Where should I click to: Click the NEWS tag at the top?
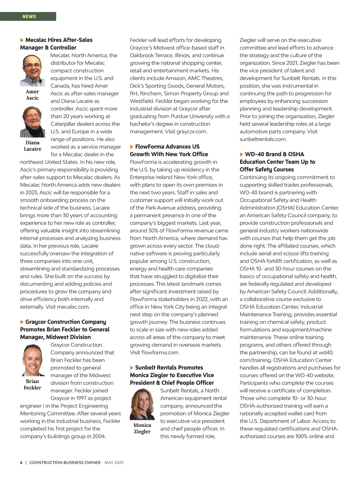pos(29,17)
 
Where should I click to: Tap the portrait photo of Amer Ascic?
pos(32,70)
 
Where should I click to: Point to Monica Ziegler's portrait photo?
pos(142,404)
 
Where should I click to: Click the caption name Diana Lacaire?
pos(32,146)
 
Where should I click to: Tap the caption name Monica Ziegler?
pos(142,428)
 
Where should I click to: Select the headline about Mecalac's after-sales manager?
pos(56,44)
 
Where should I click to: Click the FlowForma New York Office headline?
pos(169,150)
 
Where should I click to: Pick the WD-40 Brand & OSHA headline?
pos(277,162)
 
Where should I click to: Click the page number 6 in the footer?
pos(21,463)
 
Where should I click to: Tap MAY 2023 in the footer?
pos(114,463)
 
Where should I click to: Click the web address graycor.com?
pos(192,132)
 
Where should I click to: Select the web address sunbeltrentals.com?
pos(263,139)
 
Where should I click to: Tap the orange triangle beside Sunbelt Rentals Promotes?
pos(132,368)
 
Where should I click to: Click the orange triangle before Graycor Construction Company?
pos(22,322)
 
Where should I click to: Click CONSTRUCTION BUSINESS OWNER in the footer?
pos(65,463)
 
